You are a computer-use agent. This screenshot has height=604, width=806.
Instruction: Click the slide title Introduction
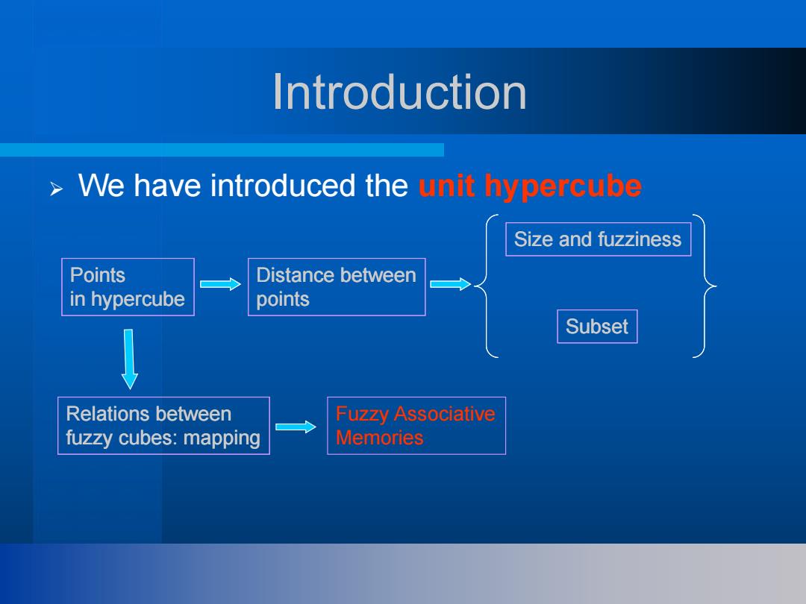click(399, 92)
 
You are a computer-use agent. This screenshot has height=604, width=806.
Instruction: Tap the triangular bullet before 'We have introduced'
click(57, 189)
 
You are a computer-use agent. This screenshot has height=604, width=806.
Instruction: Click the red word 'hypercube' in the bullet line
click(563, 186)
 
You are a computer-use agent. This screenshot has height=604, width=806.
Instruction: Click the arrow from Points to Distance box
click(220, 284)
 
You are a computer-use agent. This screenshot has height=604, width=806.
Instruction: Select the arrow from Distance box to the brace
click(450, 284)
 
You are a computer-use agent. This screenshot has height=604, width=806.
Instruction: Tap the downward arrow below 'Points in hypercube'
click(129, 359)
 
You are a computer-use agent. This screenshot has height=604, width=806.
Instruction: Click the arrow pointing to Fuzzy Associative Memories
click(296, 427)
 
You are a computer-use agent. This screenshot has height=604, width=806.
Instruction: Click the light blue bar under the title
click(222, 150)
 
